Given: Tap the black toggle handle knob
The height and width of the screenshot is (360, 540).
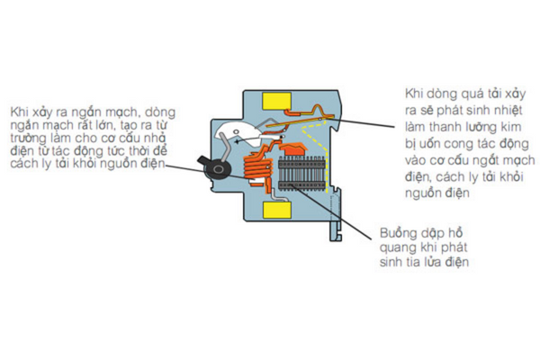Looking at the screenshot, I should pyautogui.click(x=215, y=169).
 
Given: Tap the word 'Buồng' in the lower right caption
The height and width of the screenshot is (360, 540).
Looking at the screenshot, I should pyautogui.click(x=397, y=229).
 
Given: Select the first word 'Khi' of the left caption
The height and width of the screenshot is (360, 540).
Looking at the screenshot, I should pyautogui.click(x=20, y=112).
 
